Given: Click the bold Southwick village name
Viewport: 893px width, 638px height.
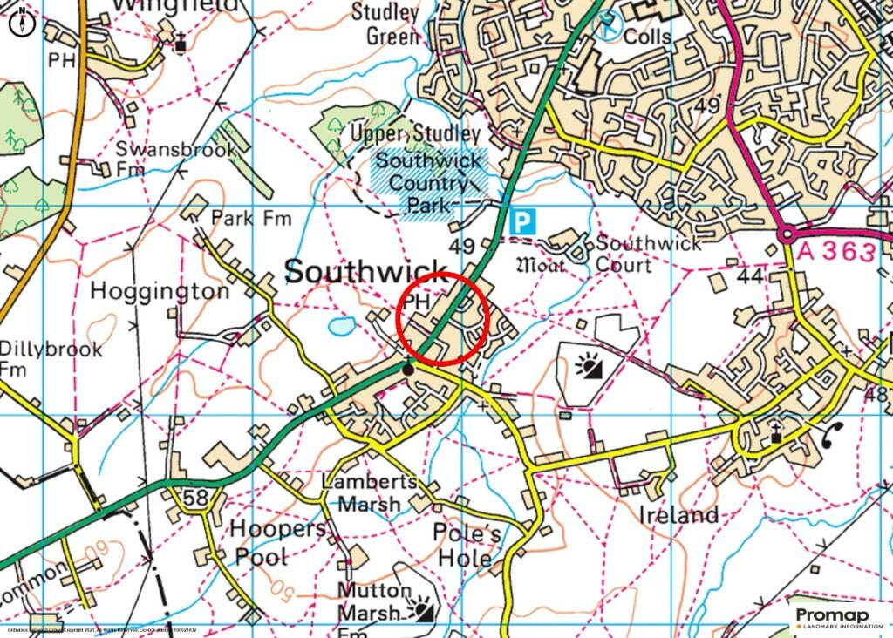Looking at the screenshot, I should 365,271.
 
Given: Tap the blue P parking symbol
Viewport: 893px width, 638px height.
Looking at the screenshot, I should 521,222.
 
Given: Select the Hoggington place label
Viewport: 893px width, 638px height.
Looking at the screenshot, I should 160,291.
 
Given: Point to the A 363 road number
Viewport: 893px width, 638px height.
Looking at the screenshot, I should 835,253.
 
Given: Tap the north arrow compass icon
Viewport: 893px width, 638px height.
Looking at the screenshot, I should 23,24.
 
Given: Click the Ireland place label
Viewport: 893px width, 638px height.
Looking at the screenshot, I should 678,514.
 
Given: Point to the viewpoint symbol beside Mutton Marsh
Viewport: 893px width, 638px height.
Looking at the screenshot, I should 423,608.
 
